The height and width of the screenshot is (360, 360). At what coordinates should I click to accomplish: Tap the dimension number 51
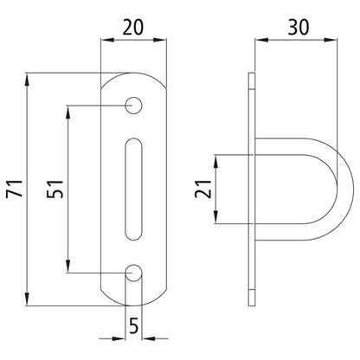54,190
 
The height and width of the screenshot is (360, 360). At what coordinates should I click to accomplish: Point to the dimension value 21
201,188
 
